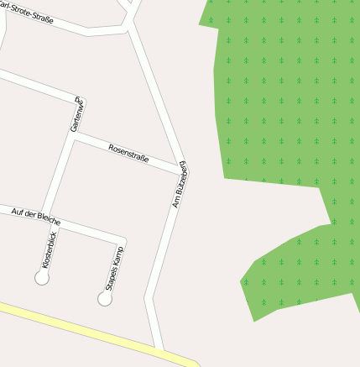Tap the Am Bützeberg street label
click(180, 185)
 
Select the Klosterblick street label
click(50, 249)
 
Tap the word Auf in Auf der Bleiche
click(18, 211)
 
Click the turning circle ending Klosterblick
click(42, 278)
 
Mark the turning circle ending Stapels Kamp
click(105, 298)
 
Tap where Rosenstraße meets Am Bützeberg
click(184, 171)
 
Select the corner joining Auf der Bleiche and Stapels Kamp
click(123, 240)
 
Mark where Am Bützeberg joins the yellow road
click(159, 349)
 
